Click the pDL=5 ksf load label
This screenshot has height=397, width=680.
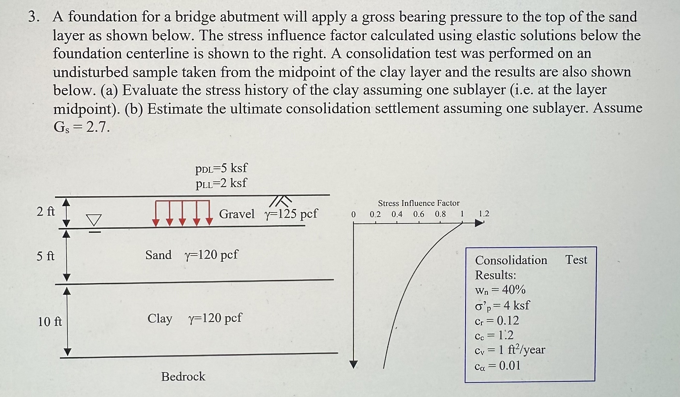coord(221,168)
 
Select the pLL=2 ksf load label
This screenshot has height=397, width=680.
coord(221,183)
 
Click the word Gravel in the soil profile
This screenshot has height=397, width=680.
coord(236,214)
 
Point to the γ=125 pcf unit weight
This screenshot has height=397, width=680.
coord(291,214)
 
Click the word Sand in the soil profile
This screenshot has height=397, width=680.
coord(159,255)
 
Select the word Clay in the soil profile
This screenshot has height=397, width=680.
coord(160,318)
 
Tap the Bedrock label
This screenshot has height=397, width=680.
coord(183,376)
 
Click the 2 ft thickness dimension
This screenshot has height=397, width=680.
coord(46,211)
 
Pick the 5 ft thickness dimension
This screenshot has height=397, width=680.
coord(45,256)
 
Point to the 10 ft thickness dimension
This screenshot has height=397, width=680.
coord(50,322)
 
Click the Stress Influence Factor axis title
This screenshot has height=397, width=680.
coord(418,203)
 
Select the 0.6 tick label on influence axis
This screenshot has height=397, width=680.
coord(418,214)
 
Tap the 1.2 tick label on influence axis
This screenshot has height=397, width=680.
coord(484,214)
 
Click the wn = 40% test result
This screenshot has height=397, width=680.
coord(500,290)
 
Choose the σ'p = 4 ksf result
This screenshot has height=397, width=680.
coord(502,305)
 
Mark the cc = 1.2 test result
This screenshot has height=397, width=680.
coord(494,335)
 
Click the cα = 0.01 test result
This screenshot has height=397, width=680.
coord(497,366)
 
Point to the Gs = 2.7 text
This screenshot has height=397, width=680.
coord(81,127)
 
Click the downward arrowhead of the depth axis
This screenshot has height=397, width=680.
coord(354,364)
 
